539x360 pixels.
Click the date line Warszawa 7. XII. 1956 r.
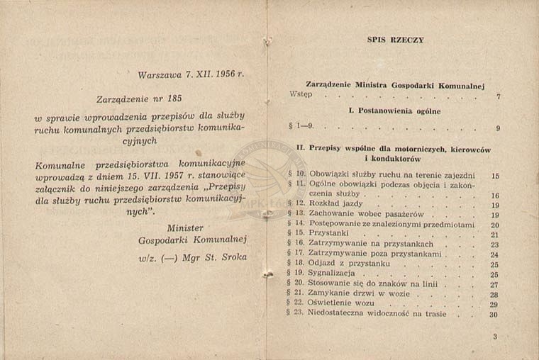[x=191, y=73]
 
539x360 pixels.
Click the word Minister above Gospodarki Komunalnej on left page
[x=186, y=227]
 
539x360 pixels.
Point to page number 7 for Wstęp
[x=499, y=96]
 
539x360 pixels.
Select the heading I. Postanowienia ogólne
[x=395, y=111]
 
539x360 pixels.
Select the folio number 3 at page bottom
[x=495, y=337]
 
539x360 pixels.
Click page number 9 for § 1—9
[x=499, y=129]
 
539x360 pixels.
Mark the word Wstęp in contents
[x=301, y=94]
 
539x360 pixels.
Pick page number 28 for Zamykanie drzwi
[x=494, y=294]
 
